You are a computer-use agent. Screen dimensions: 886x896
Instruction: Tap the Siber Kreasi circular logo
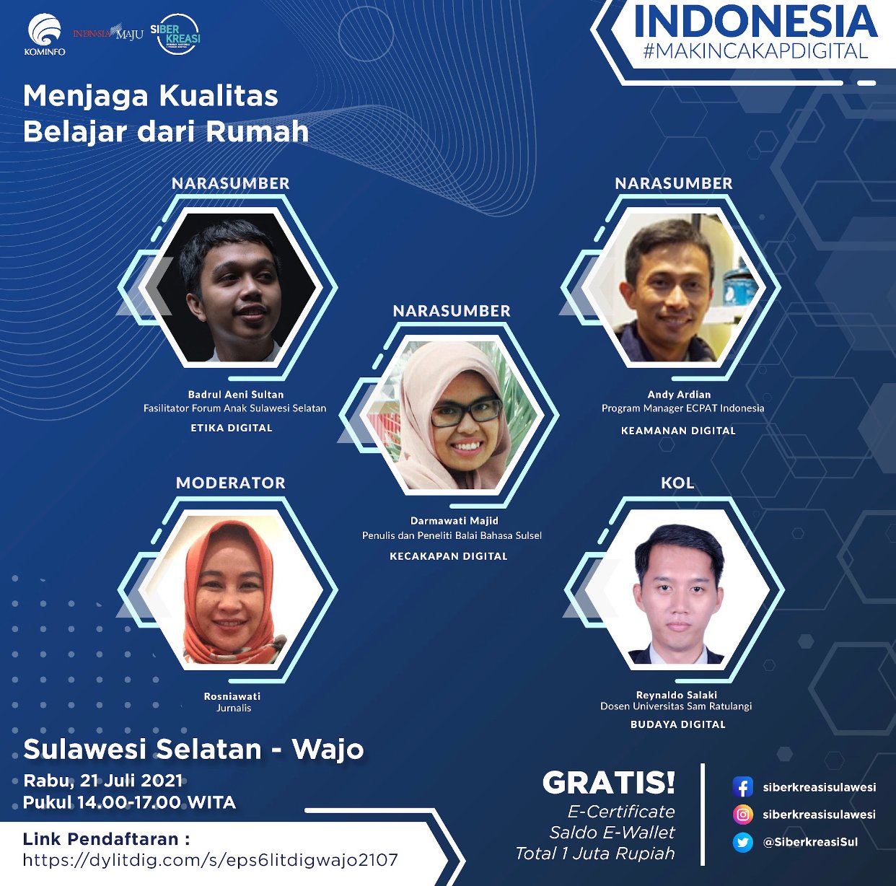pyautogui.click(x=177, y=34)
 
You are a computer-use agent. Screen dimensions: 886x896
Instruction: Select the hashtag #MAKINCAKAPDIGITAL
pyautogui.click(x=755, y=51)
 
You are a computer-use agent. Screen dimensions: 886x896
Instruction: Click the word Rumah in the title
pyautogui.click(x=258, y=132)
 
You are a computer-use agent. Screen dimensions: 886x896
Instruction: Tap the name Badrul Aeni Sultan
pyautogui.click(x=236, y=395)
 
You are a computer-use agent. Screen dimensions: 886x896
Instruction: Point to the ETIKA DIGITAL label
pyautogui.click(x=232, y=428)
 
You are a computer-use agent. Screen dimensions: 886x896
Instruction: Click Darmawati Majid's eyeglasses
pyautogui.click(x=466, y=412)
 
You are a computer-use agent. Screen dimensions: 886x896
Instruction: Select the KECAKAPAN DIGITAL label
pyautogui.click(x=449, y=556)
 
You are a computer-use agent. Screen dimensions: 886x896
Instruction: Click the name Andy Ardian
pyautogui.click(x=679, y=395)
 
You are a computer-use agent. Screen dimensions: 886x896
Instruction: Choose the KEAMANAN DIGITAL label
pyautogui.click(x=678, y=431)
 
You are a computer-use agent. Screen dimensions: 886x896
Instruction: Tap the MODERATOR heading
pyautogui.click(x=231, y=483)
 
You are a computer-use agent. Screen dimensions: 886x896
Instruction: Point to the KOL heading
pyautogui.click(x=677, y=483)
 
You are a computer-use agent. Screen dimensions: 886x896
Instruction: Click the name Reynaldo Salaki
pyautogui.click(x=677, y=695)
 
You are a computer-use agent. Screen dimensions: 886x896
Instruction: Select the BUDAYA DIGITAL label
pyautogui.click(x=678, y=724)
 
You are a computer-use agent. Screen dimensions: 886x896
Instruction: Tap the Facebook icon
pyautogui.click(x=742, y=787)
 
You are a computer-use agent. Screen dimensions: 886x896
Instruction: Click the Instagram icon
pyautogui.click(x=742, y=815)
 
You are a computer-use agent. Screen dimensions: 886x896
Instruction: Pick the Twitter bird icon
pyautogui.click(x=742, y=842)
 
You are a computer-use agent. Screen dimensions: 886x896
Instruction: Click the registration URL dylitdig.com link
pyautogui.click(x=211, y=860)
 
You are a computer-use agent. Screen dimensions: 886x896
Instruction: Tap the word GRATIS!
pyautogui.click(x=609, y=783)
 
